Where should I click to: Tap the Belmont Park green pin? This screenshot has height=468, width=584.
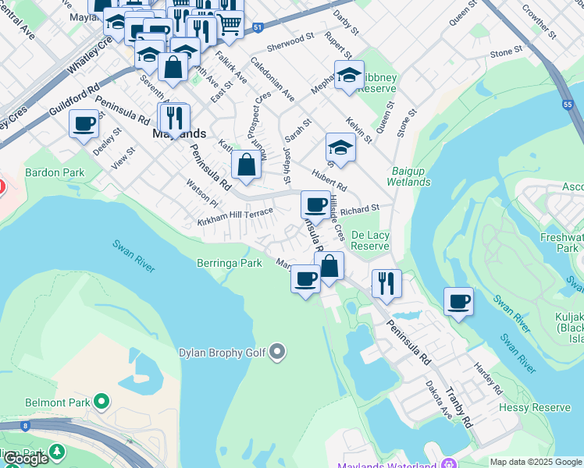tap(101, 402)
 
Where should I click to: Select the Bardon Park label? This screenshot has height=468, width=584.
tap(54, 172)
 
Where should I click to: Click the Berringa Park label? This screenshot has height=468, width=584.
tap(230, 264)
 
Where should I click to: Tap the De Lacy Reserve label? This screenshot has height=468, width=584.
tap(370, 240)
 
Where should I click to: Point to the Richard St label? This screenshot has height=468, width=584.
tap(359, 209)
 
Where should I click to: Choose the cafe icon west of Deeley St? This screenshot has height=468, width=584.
tap(84, 123)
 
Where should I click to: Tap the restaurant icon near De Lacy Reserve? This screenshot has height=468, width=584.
tap(386, 283)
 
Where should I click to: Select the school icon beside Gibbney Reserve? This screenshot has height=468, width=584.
tap(349, 75)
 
